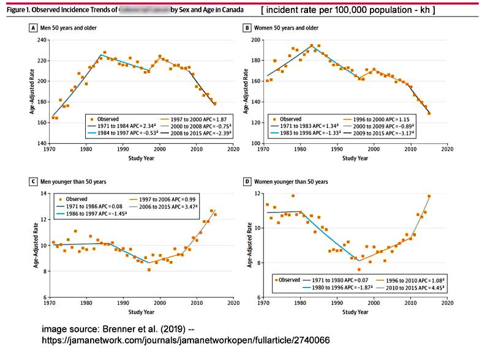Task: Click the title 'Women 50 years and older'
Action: point(284,28)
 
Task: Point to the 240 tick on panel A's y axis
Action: point(41,40)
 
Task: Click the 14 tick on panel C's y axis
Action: point(43,193)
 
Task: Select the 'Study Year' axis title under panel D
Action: point(355,312)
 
